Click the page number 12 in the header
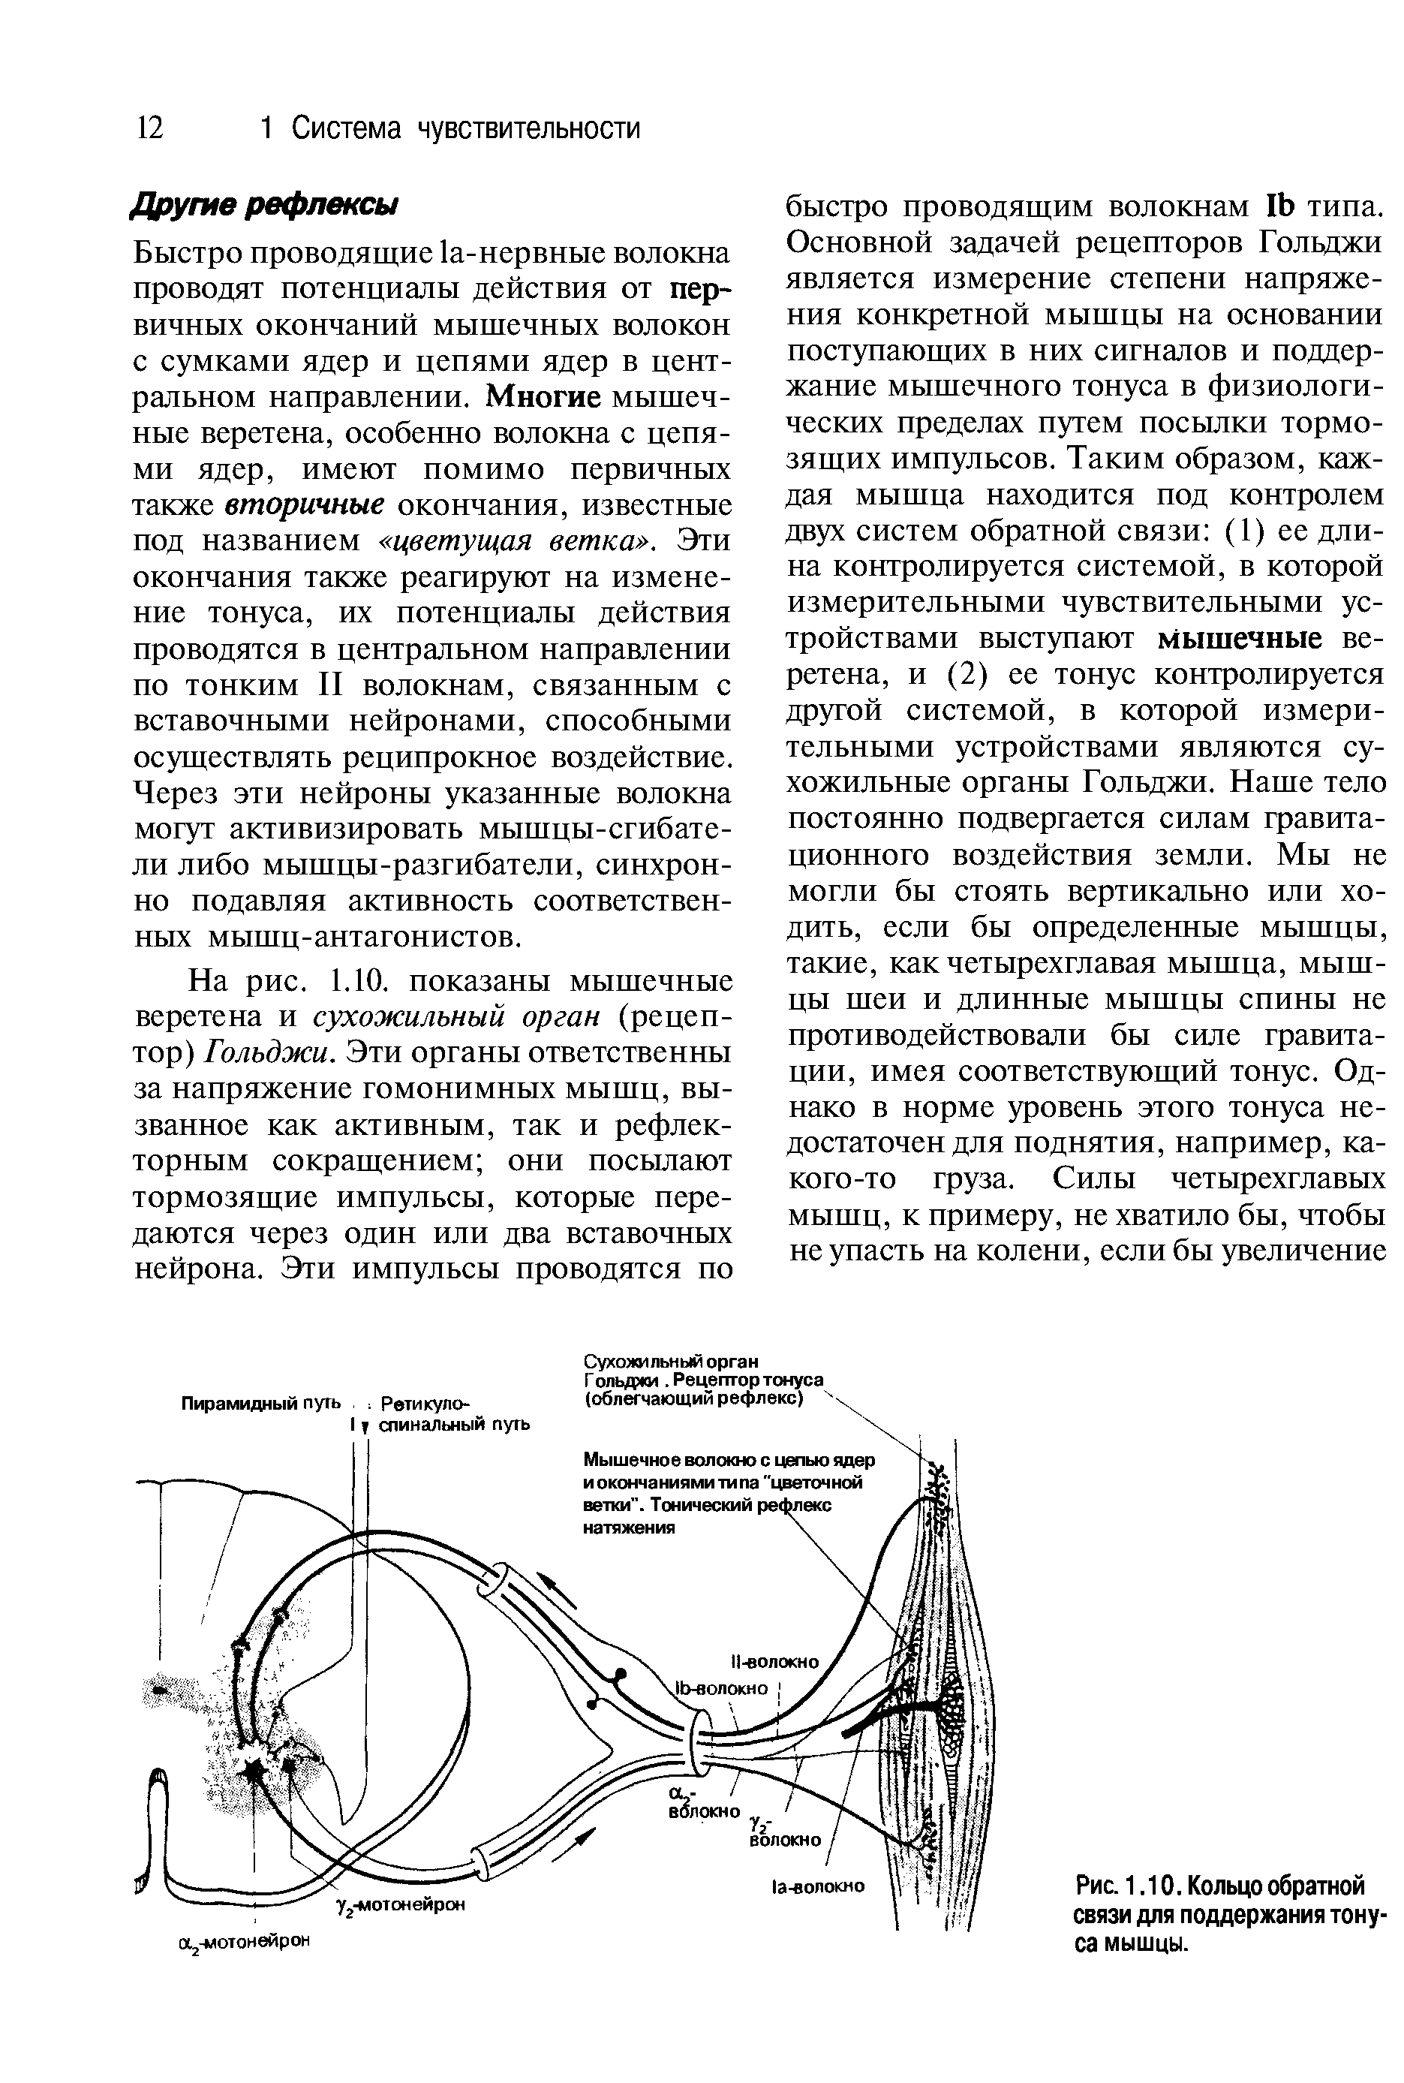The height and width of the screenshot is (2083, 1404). click(149, 129)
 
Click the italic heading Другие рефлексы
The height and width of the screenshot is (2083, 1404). click(264, 205)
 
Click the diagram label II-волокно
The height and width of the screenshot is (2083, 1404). click(774, 1662)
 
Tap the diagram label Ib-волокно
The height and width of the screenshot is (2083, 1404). click(723, 1689)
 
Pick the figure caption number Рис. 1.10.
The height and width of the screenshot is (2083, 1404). click(1120, 1887)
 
